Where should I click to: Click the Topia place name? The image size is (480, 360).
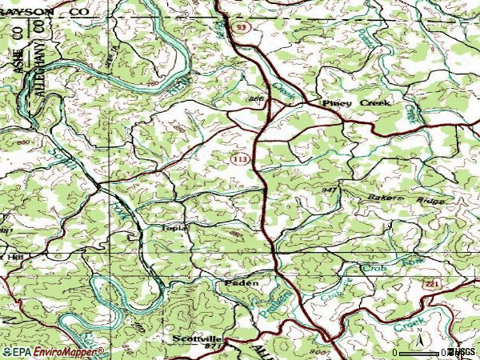pyautogui.click(x=174, y=227)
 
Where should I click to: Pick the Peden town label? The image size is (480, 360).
pyautogui.click(x=241, y=284)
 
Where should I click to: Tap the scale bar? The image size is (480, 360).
pyautogui.click(x=420, y=353)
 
